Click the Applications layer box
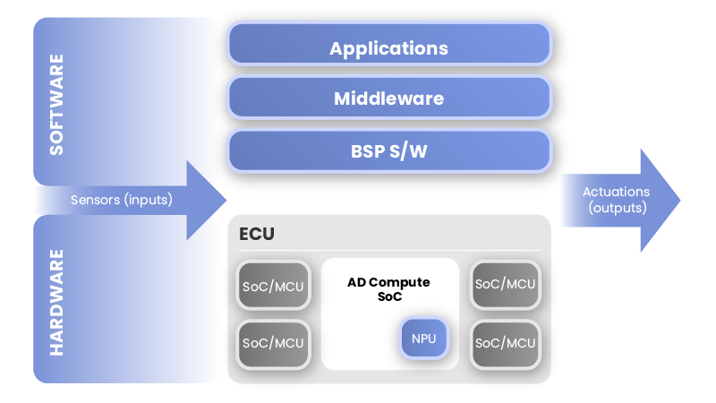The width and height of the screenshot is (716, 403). click(389, 44)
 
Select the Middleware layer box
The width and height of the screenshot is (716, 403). click(389, 98)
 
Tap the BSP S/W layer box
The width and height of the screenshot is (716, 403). click(389, 150)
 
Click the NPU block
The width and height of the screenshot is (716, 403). click(423, 339)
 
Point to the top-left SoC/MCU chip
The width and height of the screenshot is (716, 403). click(273, 285)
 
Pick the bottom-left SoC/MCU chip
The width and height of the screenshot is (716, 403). click(273, 344)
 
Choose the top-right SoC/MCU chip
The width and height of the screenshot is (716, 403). click(506, 284)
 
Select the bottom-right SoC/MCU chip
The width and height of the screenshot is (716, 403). click(506, 344)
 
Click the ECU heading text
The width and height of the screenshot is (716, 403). click(257, 234)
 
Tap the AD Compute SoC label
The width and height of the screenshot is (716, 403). click(389, 289)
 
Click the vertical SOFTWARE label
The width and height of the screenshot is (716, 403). click(56, 105)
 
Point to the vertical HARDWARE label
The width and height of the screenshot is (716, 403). click(56, 302)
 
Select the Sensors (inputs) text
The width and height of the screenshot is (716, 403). click(122, 200)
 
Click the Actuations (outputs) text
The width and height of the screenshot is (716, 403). click(617, 200)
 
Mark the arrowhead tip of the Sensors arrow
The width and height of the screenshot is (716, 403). click(226, 200)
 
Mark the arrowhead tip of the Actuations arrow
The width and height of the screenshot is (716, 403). click(680, 200)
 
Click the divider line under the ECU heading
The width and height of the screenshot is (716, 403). click(389, 251)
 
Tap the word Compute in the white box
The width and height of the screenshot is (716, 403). click(399, 283)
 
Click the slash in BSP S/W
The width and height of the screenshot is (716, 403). click(402, 151)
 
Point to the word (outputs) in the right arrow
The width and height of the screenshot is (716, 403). click(618, 208)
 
